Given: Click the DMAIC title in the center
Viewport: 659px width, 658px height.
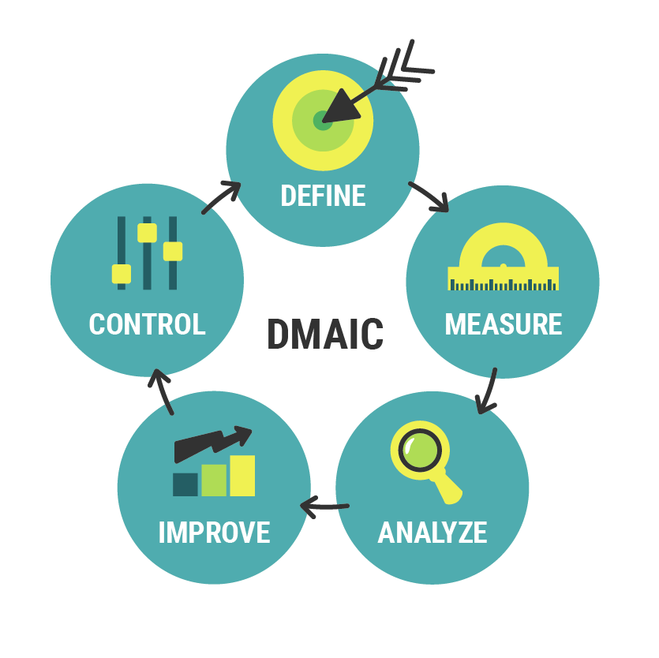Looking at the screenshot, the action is point(325,334).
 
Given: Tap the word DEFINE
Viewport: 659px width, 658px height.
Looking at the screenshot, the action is point(324,196).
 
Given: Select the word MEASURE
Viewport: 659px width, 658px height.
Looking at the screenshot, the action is point(503,324).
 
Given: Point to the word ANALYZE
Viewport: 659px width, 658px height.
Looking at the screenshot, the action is point(432,533).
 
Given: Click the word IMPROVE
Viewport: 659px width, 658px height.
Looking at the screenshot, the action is point(215,533).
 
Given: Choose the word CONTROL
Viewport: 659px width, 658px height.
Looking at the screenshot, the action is point(147,324).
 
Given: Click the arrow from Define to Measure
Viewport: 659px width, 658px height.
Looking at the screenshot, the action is point(429,196).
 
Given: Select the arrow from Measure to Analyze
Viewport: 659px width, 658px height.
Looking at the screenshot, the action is point(489,391).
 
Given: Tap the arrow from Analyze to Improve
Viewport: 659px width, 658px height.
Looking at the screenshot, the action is point(324,507).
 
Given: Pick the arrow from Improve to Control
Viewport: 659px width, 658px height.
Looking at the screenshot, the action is point(162,391).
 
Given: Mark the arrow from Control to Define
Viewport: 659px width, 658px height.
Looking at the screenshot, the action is point(221,196).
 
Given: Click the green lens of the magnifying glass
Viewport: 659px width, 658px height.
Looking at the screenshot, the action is point(420,450).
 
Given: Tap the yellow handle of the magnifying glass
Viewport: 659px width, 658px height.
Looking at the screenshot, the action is point(449,488).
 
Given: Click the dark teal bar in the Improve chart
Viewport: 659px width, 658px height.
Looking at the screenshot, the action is point(185,484).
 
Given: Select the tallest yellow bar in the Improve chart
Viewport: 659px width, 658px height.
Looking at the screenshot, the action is point(242,476).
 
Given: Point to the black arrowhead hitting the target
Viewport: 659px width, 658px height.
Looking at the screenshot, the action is point(340,107).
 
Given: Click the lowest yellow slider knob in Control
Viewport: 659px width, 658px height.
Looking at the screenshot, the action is point(122,274).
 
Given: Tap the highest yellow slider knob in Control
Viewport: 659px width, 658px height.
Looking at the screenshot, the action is point(147,233).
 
